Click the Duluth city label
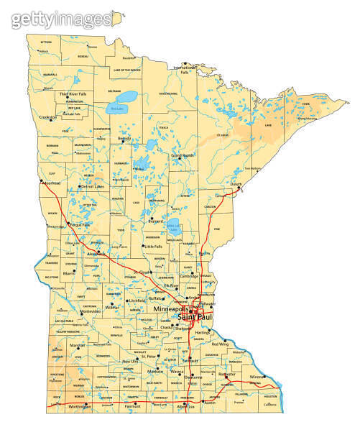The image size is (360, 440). point(236,184)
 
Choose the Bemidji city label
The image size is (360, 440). point(124,138)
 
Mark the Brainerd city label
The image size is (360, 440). point(157,221)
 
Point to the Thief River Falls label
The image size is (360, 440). point(73,93)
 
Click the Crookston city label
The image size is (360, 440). point(49,116)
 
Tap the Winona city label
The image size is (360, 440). point(258,377)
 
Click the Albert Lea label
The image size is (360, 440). point(185,408)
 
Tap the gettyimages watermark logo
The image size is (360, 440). point(61,19)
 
